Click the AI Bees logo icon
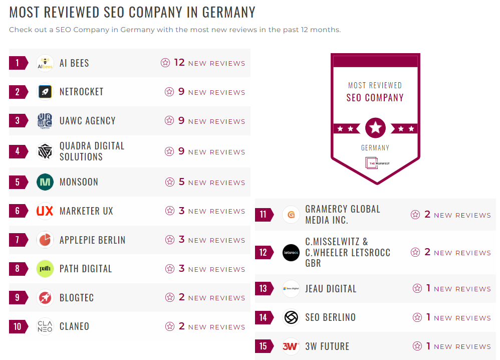(45, 63)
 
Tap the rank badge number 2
(18, 92)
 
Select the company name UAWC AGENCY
(87, 121)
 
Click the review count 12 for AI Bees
(179, 63)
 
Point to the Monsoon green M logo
(45, 182)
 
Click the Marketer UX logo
(45, 211)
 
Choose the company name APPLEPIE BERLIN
(92, 240)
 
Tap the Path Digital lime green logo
(45, 269)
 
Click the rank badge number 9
(18, 298)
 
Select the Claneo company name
(74, 326)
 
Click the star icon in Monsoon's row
(170, 183)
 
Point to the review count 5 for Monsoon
(182, 182)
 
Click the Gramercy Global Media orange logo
(291, 215)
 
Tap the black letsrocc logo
(291, 252)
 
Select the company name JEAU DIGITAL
(331, 289)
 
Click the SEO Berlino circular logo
(291, 317)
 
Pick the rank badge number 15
(264, 346)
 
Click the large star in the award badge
(375, 128)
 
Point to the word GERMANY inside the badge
(375, 148)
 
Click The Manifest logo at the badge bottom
(375, 163)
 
